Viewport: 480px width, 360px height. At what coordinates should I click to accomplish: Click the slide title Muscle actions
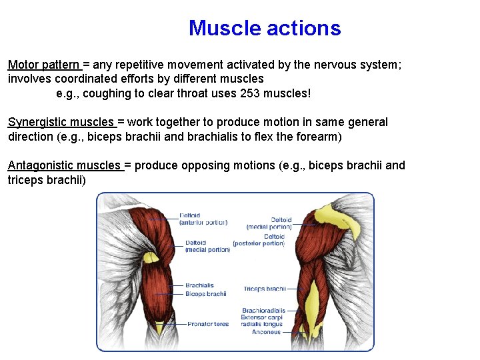point(265,28)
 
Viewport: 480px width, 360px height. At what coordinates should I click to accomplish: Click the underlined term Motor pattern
point(43,65)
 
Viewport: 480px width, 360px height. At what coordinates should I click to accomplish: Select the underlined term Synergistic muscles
point(61,122)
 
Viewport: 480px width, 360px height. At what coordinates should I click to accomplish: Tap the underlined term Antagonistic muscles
point(64,165)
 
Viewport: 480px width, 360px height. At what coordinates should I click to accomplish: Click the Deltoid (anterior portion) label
point(203,219)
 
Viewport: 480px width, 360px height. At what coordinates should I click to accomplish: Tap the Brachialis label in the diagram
point(199,285)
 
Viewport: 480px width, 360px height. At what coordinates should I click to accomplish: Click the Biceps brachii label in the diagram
point(205,293)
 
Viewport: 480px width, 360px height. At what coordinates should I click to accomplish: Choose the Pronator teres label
point(207,324)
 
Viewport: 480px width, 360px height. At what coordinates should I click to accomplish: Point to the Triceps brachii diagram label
point(264,289)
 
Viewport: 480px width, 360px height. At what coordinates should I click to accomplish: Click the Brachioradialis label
point(263,310)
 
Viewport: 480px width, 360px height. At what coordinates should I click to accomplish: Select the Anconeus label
point(266,331)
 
